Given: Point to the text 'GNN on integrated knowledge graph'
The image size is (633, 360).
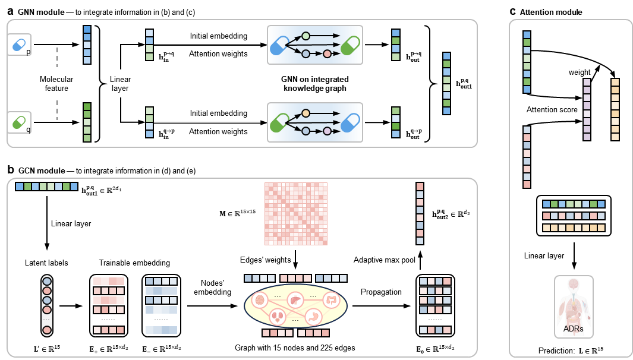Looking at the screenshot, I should pos(315,84).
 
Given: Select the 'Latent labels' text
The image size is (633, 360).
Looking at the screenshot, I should pos(46,263).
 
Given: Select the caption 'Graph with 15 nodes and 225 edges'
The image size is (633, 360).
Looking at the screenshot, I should pos(295,346).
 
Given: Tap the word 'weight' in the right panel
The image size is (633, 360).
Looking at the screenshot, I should pos(580,72).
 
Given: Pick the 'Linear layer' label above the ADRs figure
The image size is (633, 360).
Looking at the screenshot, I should pos(544,255).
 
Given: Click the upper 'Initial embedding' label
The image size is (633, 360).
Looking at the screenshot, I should pos(219,36).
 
